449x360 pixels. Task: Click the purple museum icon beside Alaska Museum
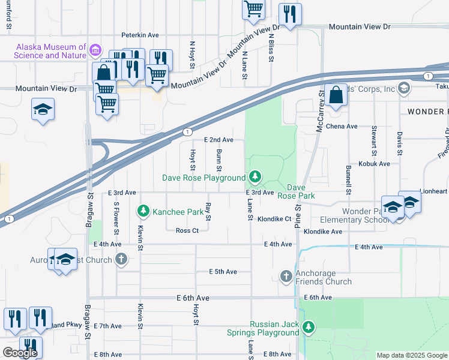coord(95,48)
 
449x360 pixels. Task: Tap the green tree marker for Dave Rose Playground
coord(256,176)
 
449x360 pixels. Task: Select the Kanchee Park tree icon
coord(143,211)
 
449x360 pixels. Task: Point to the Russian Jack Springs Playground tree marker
coord(308,327)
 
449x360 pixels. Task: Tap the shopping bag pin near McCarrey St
coord(336,95)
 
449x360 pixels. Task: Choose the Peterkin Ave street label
coord(140,35)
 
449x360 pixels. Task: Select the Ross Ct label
coord(187,230)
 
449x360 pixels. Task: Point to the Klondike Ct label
coord(274,220)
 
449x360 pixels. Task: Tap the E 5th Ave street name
coord(223,272)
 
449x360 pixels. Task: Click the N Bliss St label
coord(271,50)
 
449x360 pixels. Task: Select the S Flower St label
coord(116,218)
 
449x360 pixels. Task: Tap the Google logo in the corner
coord(20,353)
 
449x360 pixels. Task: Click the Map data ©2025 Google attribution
coord(412,355)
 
